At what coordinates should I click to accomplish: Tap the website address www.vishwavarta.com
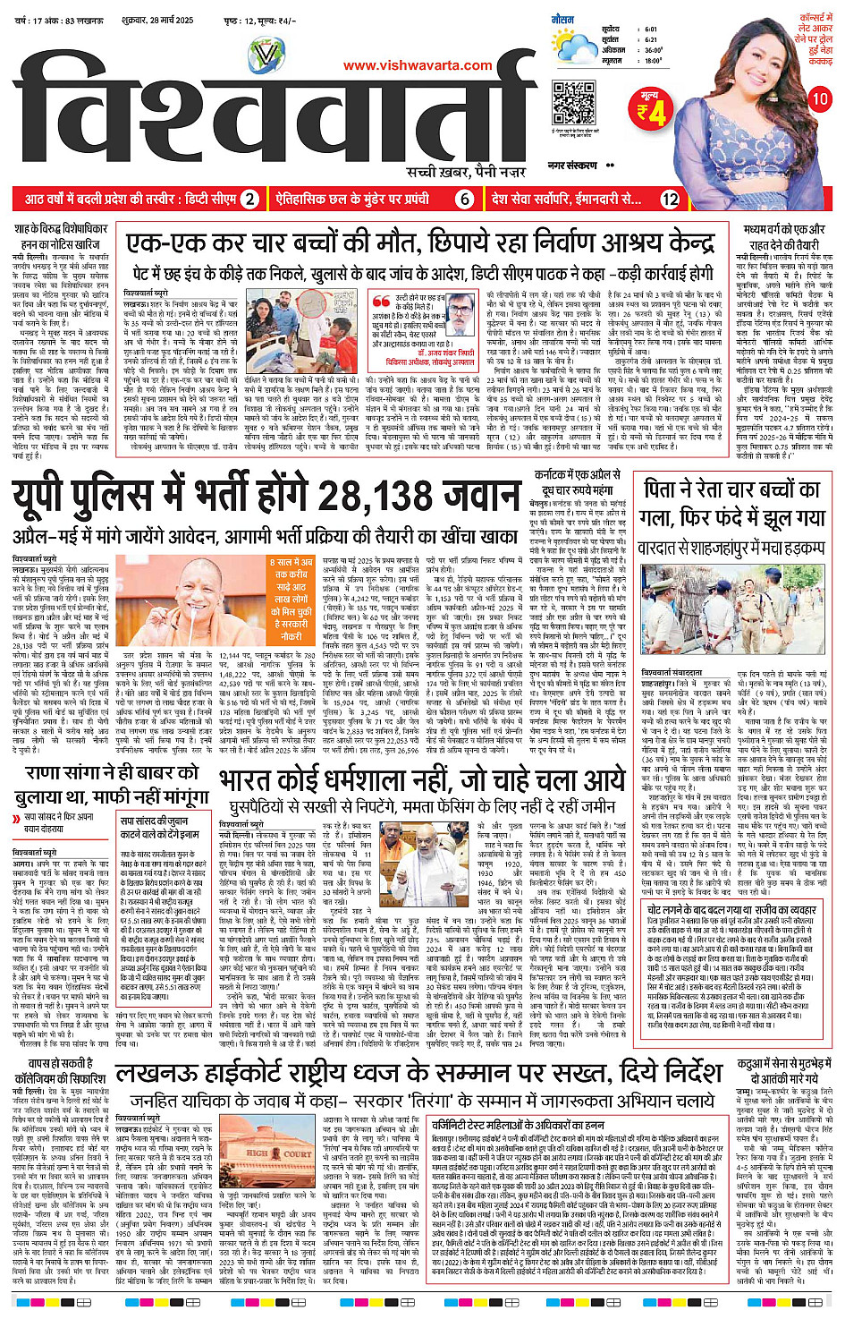tap(418, 65)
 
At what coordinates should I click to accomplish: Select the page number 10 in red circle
tap(819, 99)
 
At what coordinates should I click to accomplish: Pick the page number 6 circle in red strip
tap(464, 199)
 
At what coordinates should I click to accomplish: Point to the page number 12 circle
tap(670, 199)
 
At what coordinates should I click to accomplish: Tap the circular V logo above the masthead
tap(265, 58)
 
